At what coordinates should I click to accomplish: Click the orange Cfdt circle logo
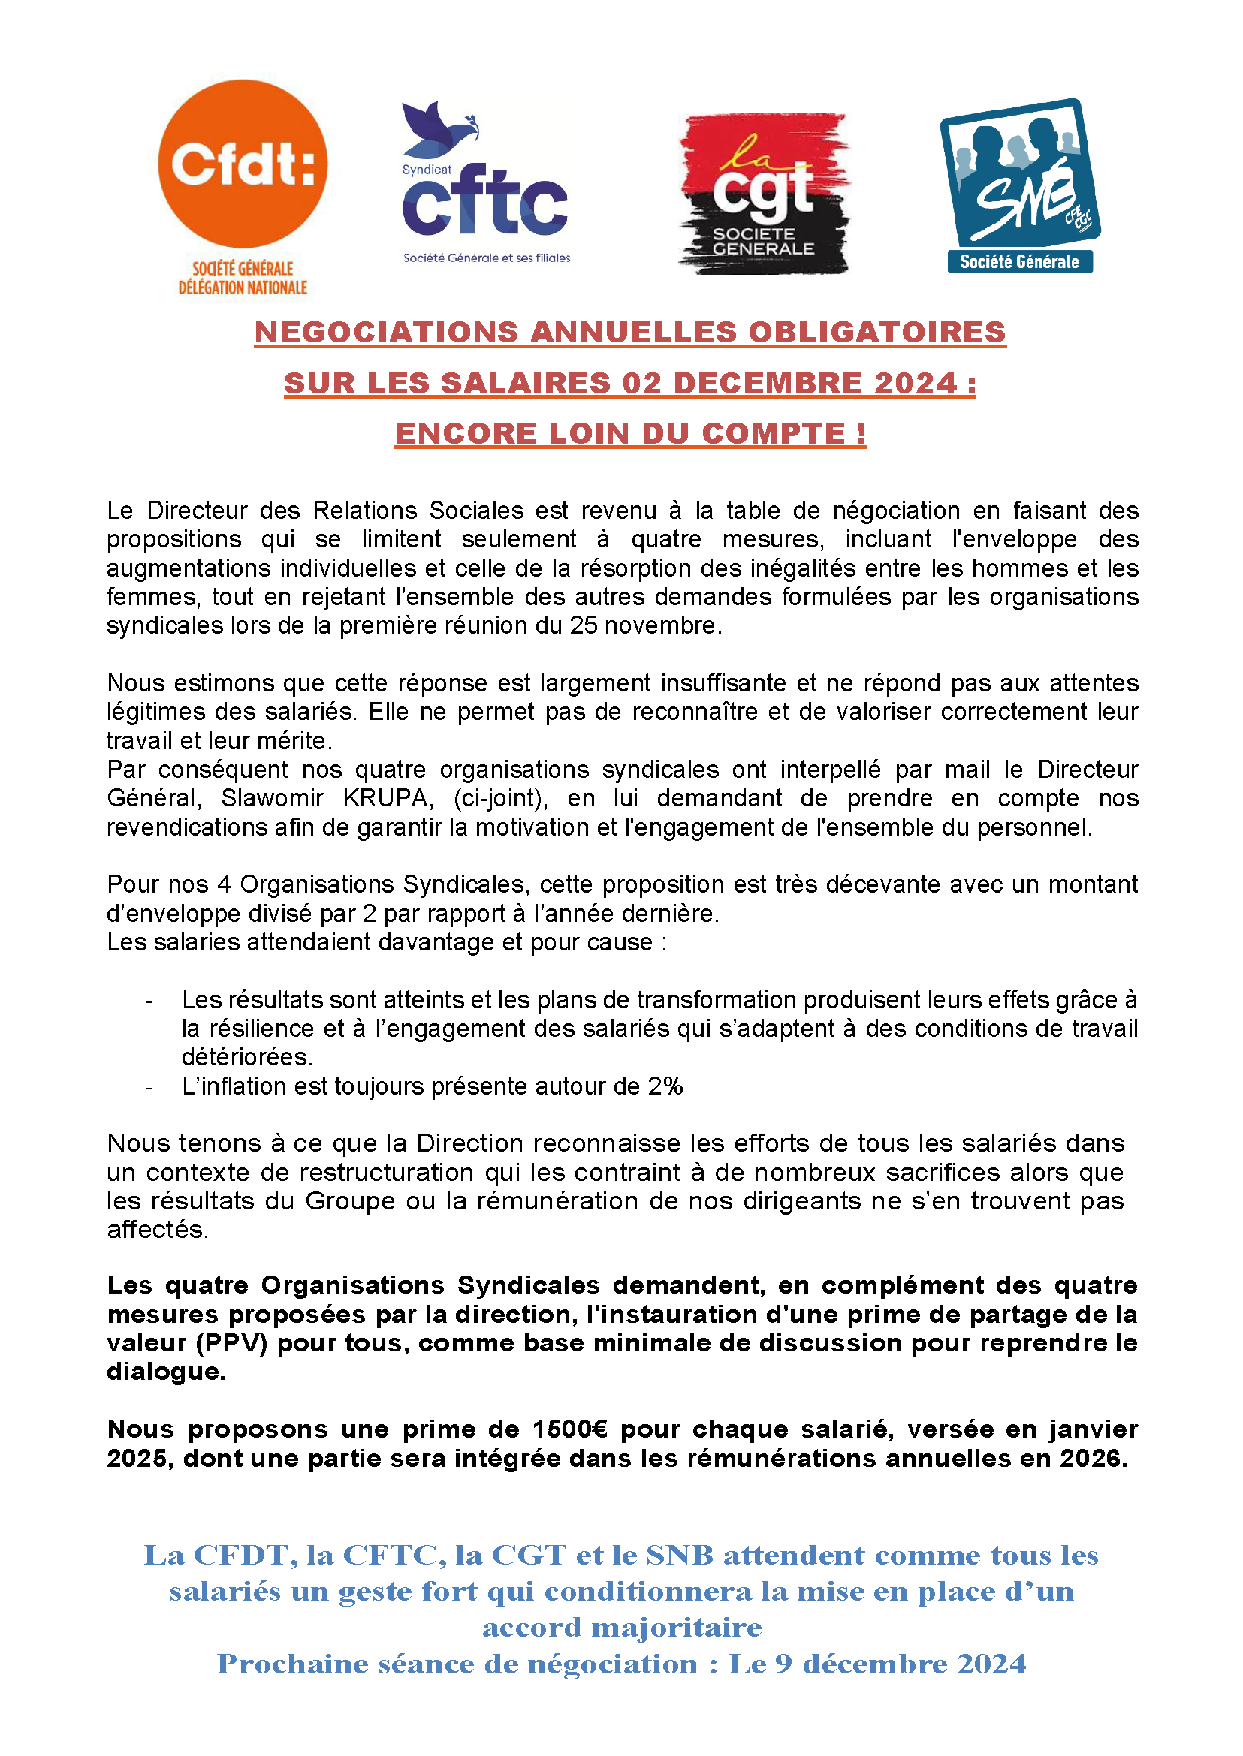click(243, 164)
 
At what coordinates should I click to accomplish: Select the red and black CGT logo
click(763, 194)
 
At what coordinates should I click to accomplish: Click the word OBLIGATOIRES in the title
click(876, 332)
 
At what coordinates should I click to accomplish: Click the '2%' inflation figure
click(665, 1086)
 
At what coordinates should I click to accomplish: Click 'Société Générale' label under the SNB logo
click(1018, 262)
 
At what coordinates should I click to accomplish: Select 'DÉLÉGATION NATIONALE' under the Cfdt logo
click(243, 288)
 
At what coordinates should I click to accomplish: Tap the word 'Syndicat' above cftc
click(427, 170)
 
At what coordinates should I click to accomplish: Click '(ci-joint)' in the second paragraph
click(500, 798)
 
